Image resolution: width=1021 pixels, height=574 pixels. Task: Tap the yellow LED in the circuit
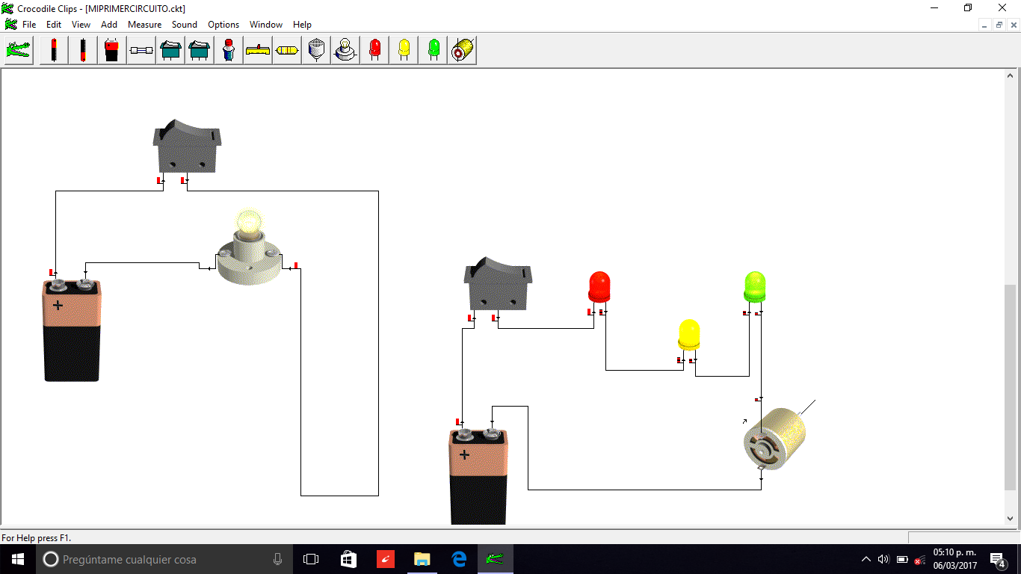point(688,335)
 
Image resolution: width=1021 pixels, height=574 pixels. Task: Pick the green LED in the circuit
point(754,287)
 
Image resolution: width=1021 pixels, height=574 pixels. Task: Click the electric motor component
point(775,439)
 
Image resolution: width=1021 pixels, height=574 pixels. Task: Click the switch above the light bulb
point(187,146)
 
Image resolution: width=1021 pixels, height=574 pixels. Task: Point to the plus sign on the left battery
point(58,305)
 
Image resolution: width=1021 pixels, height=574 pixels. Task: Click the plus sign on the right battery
point(464,454)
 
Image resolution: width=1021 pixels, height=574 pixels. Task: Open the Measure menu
point(144,25)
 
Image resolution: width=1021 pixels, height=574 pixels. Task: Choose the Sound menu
point(185,25)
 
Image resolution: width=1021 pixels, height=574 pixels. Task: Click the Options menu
point(223,25)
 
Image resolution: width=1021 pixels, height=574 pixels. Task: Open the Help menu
point(302,25)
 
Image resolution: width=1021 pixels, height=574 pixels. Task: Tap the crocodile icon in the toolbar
point(19,51)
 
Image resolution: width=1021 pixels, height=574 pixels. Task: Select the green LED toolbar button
point(434,51)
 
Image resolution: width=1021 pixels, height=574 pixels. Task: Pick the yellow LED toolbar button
point(404,51)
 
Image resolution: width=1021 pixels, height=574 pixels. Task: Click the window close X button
point(1002,7)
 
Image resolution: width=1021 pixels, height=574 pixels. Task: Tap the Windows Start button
point(17,559)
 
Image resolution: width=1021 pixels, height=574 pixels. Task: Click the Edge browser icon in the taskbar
point(459,559)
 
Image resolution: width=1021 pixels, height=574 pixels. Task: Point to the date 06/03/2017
point(954,565)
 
